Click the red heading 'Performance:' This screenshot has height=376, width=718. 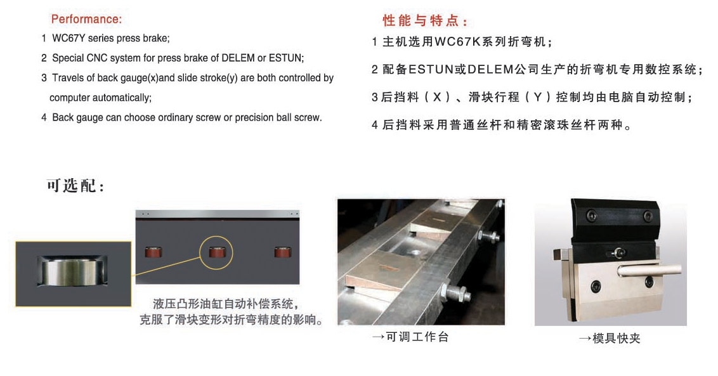pyautogui.click(x=86, y=19)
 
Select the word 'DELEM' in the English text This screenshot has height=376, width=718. pyautogui.click(x=238, y=58)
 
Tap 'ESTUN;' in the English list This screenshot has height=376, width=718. pyautogui.click(x=286, y=58)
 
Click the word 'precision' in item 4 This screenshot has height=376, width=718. pyautogui.click(x=254, y=118)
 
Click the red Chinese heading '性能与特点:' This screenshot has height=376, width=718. pyautogui.click(x=426, y=21)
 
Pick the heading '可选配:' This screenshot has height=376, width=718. pyautogui.click(x=75, y=186)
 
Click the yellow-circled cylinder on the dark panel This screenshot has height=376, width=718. pyautogui.click(x=216, y=252)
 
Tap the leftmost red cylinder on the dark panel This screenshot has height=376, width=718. pyautogui.click(x=153, y=252)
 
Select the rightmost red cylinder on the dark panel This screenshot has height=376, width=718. pyautogui.click(x=282, y=252)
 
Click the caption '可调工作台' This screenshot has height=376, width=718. pyautogui.click(x=411, y=337)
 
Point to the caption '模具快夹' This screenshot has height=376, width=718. pyautogui.click(x=610, y=339)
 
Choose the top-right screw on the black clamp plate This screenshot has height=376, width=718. pyautogui.click(x=648, y=215)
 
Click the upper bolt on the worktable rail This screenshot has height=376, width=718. pyautogui.click(x=489, y=237)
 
